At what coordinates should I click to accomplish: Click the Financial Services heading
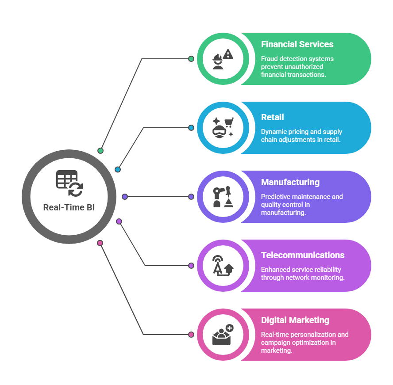(x=297, y=44)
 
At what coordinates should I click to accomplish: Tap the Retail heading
(x=272, y=117)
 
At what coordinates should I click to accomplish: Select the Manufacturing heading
(x=290, y=182)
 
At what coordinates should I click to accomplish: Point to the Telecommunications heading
(x=302, y=255)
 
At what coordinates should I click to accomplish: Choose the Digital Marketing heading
(x=295, y=320)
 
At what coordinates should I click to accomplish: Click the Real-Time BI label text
(x=69, y=207)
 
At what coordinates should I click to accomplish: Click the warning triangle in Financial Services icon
(x=228, y=54)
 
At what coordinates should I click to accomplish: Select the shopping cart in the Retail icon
(x=229, y=121)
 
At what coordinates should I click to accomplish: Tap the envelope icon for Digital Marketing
(x=221, y=338)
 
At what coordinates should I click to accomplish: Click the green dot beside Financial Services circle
(x=191, y=59)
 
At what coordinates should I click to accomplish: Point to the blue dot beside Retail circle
(x=191, y=128)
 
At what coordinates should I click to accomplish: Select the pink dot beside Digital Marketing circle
(x=191, y=335)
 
